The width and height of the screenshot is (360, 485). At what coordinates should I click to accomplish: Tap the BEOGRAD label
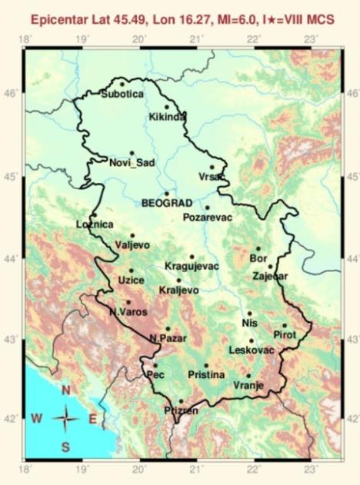tap(167, 202)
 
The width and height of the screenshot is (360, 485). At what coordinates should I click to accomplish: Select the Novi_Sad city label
tap(127, 162)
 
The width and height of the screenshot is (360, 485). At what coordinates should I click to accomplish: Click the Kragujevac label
tap(192, 266)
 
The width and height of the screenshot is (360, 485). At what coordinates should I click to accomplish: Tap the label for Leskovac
tap(252, 350)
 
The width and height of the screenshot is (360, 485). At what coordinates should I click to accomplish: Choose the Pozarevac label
tap(207, 217)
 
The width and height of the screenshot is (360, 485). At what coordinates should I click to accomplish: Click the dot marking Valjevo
tap(132, 235)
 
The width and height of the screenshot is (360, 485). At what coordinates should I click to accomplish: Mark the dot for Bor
tap(258, 248)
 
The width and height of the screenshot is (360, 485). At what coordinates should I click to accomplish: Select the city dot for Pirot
tap(284, 325)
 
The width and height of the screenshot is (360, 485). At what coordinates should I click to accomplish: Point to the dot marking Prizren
tap(181, 400)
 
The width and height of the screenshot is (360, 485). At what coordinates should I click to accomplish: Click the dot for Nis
tap(249, 314)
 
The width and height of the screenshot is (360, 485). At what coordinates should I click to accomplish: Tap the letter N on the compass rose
tap(66, 391)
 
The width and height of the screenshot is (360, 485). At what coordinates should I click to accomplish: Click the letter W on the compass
tap(36, 418)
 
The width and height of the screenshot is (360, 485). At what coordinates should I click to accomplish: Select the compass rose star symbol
tap(66, 418)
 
